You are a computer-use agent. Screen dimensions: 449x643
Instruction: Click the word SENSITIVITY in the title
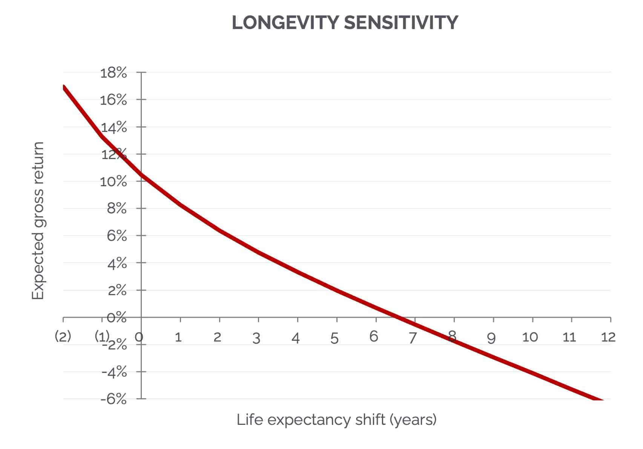click(401, 23)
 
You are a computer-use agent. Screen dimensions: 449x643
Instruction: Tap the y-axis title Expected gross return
click(38, 221)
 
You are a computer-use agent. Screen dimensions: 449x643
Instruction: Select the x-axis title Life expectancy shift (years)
click(336, 420)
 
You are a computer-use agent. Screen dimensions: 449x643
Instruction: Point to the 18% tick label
click(114, 73)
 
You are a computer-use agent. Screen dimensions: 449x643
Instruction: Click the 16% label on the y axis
click(114, 100)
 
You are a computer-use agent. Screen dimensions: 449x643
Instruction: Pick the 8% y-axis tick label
click(117, 208)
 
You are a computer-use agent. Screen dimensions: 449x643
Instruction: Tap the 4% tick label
click(117, 264)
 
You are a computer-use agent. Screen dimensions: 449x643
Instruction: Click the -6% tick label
click(114, 399)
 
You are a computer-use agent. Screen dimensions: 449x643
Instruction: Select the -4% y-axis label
click(114, 372)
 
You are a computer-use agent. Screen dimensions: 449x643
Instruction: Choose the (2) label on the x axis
click(63, 336)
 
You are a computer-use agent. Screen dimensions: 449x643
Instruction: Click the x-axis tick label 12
click(608, 337)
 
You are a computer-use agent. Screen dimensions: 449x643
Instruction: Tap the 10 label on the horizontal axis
click(530, 337)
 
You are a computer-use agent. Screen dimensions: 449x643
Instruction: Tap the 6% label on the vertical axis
click(117, 236)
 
